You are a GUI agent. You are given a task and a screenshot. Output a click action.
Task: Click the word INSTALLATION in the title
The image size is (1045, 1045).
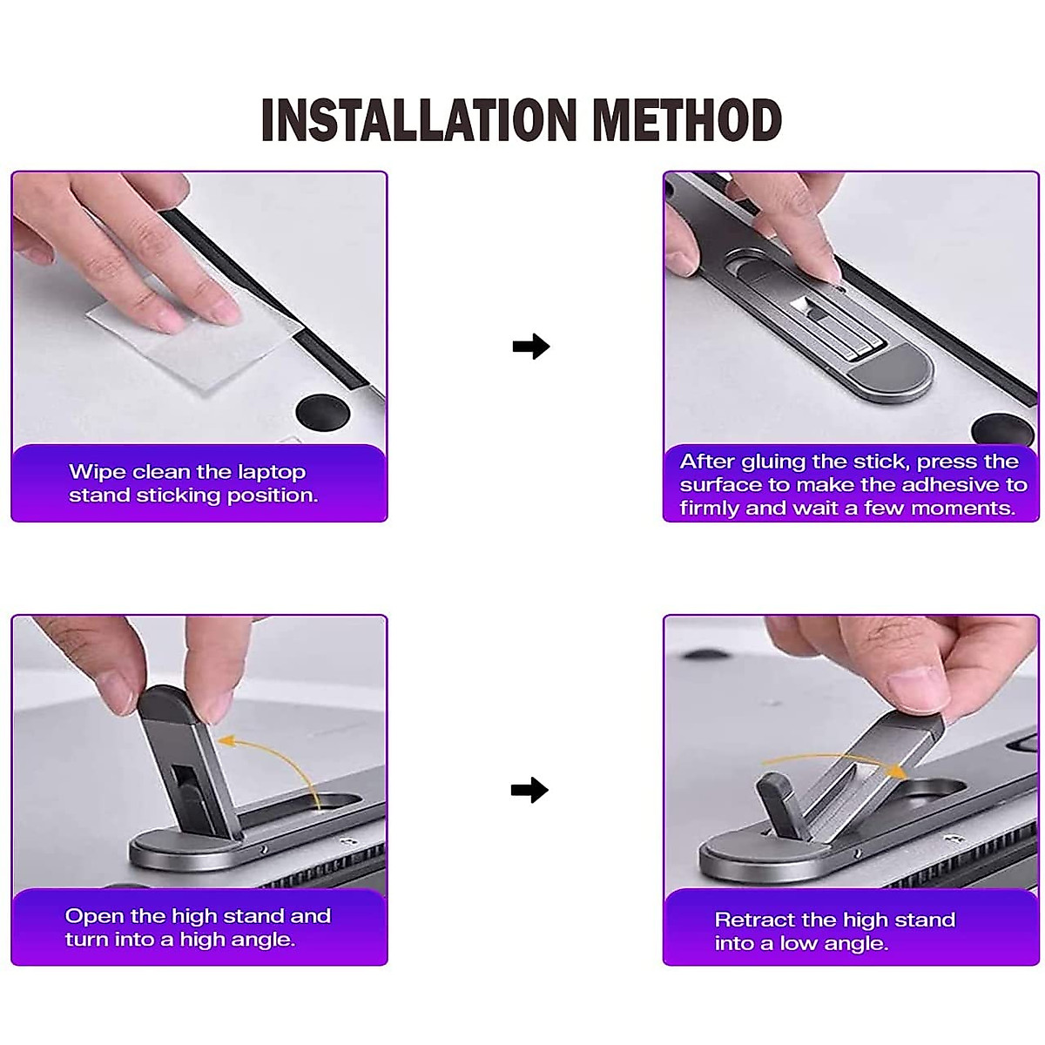coord(418,120)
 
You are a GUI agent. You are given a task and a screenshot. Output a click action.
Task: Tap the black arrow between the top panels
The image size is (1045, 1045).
coord(530,347)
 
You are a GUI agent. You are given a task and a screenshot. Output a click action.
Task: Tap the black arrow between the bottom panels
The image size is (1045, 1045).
coord(529,791)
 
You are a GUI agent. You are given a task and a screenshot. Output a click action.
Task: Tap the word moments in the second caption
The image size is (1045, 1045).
coord(973,509)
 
